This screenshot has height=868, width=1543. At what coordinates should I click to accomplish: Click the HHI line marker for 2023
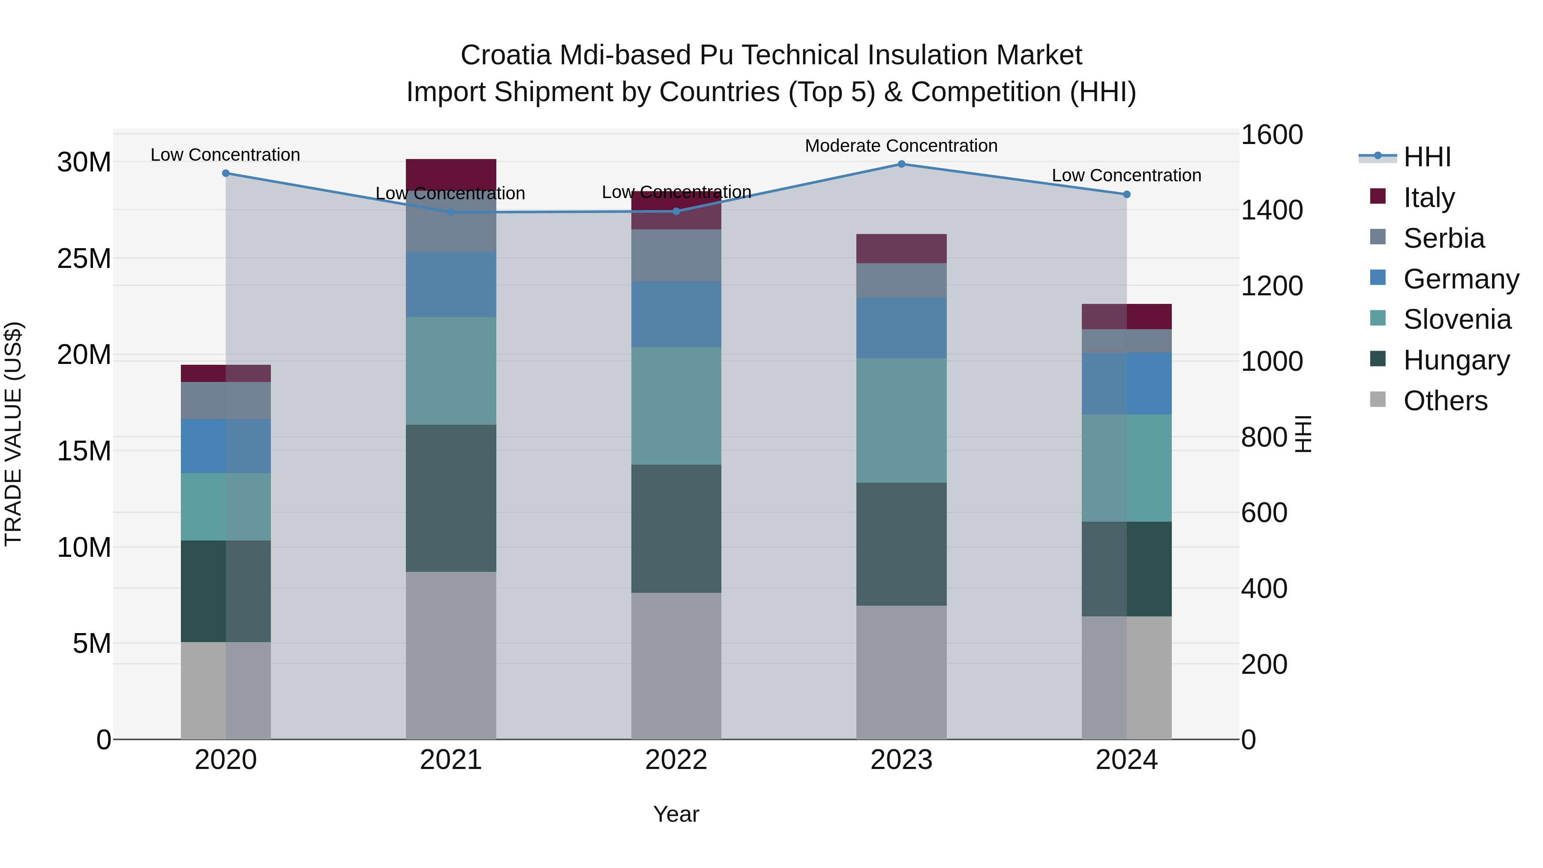[901, 164]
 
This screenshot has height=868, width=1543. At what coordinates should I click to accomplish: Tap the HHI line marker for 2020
[226, 173]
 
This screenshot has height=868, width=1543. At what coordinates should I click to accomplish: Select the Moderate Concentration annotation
[901, 146]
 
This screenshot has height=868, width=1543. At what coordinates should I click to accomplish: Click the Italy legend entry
[1429, 197]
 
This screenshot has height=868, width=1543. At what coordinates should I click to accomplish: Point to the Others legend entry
[1445, 401]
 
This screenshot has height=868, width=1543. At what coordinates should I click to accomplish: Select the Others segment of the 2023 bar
[901, 672]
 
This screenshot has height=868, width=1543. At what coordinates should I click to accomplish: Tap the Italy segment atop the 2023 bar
[901, 249]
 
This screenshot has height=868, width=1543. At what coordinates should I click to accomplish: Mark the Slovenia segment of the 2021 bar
[451, 371]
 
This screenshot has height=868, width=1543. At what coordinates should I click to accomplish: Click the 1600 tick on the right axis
[1271, 135]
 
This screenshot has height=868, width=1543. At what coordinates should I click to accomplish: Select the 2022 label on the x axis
[676, 760]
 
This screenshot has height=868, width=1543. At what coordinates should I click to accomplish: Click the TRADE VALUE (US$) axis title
[13, 434]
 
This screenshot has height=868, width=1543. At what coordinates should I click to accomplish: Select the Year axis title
[676, 814]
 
